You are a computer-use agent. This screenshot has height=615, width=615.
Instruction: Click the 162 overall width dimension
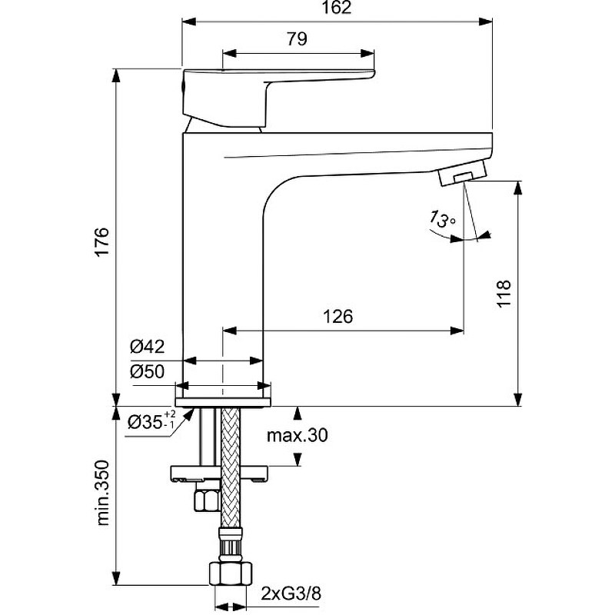pyautogui.click(x=337, y=8)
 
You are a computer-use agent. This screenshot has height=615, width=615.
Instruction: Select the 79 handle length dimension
pyautogui.click(x=297, y=39)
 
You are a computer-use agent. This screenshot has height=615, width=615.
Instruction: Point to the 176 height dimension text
pyautogui.click(x=103, y=241)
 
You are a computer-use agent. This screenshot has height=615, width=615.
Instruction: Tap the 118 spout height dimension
pyautogui.click(x=504, y=294)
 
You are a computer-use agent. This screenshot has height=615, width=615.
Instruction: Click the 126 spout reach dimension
pyautogui.click(x=337, y=316)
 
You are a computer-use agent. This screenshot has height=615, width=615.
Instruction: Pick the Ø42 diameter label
pyautogui.click(x=147, y=347)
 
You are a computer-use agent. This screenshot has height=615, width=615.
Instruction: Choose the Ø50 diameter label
pyautogui.click(x=147, y=371)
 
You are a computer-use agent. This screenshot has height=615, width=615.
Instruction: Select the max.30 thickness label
pyautogui.click(x=297, y=435)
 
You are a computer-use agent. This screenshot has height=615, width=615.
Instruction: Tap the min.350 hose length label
pyautogui.click(x=103, y=493)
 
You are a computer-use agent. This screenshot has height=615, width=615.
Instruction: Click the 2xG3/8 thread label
pyautogui.click(x=291, y=593)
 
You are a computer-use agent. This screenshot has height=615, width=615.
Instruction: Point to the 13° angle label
pyautogui.click(x=442, y=220)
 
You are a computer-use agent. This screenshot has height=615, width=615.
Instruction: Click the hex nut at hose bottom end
pyautogui.click(x=231, y=573)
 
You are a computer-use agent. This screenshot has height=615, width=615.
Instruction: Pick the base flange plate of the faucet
pyautogui.click(x=223, y=402)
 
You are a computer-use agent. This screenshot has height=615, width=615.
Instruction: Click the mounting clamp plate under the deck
pyautogui.click(x=219, y=473)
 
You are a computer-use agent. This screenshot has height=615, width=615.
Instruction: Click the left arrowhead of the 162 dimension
pyautogui.click(x=188, y=22)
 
